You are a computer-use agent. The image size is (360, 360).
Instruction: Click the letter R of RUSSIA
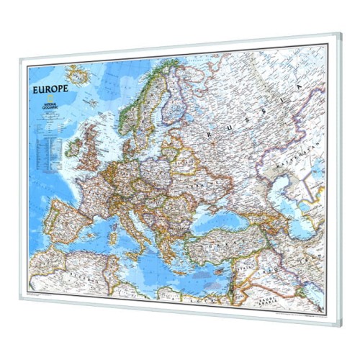pyautogui.click(x=209, y=135)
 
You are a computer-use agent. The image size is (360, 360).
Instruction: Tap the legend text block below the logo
pyautogui.click(x=47, y=144)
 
